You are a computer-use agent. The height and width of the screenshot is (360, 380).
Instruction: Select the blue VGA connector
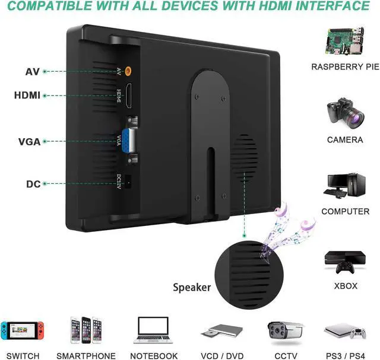click(x=131, y=141)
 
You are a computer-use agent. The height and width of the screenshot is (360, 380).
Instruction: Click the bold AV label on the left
click(x=32, y=72)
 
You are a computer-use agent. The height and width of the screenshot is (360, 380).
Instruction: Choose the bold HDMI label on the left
click(x=27, y=95)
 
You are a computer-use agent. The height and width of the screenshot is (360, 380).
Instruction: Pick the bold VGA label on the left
click(x=30, y=142)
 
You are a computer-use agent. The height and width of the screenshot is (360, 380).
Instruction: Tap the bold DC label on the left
click(x=33, y=184)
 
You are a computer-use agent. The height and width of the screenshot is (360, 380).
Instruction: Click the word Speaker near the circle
click(x=192, y=288)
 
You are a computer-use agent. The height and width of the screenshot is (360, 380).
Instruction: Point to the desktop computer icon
click(x=344, y=184)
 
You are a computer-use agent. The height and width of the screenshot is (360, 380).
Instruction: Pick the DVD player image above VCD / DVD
click(x=218, y=332)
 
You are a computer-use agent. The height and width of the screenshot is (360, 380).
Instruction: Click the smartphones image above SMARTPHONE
click(x=85, y=330)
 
